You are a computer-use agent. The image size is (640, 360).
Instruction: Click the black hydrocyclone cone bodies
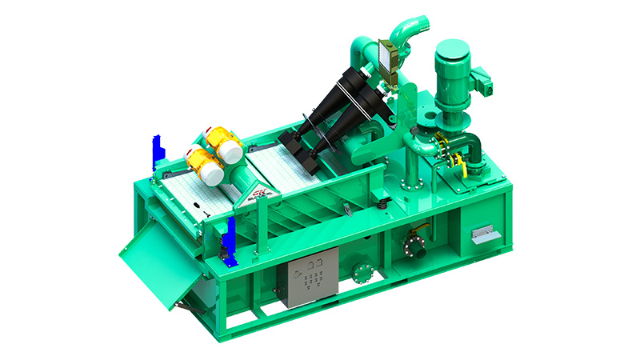coord(336,112)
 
